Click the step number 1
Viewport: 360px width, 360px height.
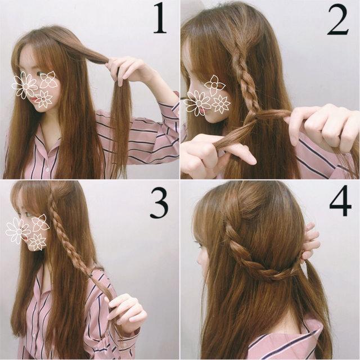click(160, 18)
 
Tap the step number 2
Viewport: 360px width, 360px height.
click(337, 20)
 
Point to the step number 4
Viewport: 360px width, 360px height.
click(340, 201)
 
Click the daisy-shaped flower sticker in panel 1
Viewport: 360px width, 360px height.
click(25, 85)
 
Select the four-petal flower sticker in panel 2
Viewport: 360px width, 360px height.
click(214, 85)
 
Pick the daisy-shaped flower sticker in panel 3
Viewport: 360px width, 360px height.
click(18, 230)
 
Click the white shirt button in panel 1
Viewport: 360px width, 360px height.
click(47, 170)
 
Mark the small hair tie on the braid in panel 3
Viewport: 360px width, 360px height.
click(91, 274)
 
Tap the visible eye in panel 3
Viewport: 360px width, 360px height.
click(28, 215)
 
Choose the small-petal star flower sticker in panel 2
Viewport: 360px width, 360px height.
click(221, 104)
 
